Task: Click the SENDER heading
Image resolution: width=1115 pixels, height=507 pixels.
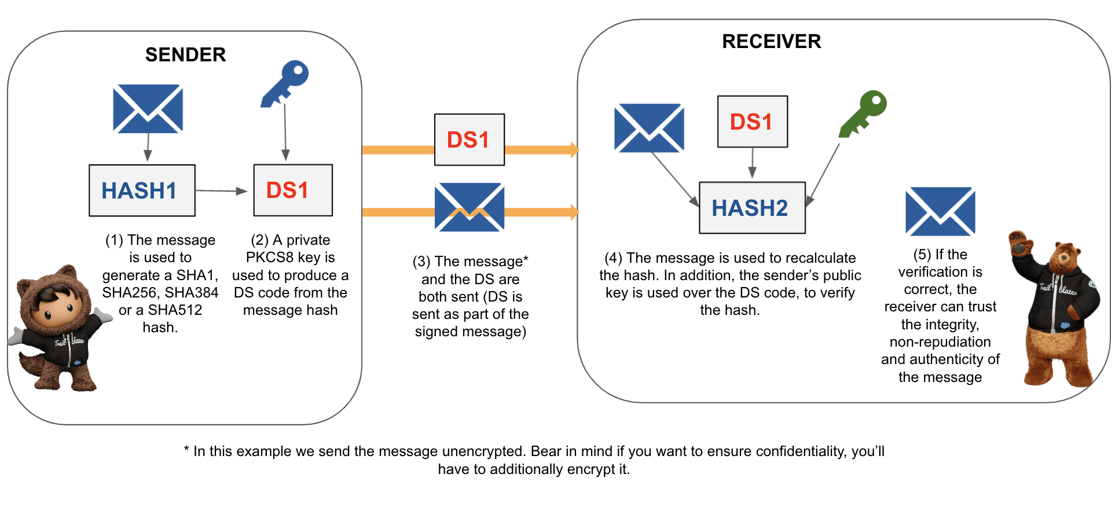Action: tap(185, 55)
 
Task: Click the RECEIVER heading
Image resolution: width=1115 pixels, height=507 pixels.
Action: tap(771, 42)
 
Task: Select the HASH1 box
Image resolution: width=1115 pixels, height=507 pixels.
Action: tap(142, 190)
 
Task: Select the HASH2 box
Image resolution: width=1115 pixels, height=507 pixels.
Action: tap(752, 208)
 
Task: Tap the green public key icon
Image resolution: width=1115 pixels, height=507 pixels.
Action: tap(864, 112)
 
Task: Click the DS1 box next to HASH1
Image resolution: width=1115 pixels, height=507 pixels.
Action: tap(293, 190)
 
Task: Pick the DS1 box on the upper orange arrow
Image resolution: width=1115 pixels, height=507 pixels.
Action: tap(470, 139)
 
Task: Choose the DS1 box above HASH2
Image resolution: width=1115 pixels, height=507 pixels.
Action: tap(752, 122)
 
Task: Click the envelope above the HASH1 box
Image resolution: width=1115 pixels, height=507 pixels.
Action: tap(148, 109)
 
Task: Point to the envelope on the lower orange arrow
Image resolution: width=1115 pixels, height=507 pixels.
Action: tap(470, 207)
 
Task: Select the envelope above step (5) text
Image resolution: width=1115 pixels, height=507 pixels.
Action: tap(940, 211)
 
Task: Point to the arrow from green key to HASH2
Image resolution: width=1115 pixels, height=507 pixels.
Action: tap(823, 174)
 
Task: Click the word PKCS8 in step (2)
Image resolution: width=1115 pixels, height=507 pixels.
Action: tap(270, 258)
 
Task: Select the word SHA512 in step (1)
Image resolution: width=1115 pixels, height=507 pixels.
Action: tap(175, 310)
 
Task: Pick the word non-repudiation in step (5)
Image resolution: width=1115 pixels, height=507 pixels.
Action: tap(940, 342)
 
